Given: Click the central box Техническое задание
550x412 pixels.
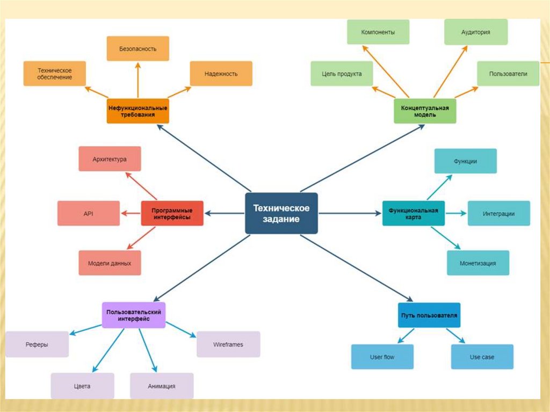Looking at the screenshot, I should click(x=281, y=213).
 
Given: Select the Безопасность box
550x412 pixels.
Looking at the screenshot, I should click(x=138, y=48).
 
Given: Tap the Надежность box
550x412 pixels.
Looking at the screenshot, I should click(x=221, y=74).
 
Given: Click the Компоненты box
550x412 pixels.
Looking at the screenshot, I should click(x=378, y=32).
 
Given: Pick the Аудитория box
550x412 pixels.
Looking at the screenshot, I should click(x=475, y=32).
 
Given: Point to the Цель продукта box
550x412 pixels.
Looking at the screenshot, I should click(x=342, y=74).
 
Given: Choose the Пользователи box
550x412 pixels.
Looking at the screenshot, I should click(x=508, y=74).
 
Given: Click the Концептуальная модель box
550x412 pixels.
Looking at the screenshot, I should click(x=425, y=111).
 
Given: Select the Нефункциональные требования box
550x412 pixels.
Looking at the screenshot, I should click(x=138, y=111).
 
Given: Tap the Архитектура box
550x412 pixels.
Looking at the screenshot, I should click(x=110, y=159).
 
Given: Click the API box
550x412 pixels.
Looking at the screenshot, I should click(x=88, y=213).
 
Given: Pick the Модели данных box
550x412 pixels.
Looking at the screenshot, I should click(x=110, y=263).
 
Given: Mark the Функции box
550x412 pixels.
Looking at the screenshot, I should click(x=465, y=161).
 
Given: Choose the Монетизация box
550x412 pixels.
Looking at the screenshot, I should click(x=477, y=263).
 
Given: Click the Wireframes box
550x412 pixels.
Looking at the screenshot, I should click(x=228, y=344).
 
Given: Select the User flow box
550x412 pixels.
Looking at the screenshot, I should click(x=382, y=357).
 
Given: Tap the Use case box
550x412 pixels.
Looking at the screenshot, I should click(x=482, y=357).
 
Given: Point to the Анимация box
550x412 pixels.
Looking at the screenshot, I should click(x=162, y=386).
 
